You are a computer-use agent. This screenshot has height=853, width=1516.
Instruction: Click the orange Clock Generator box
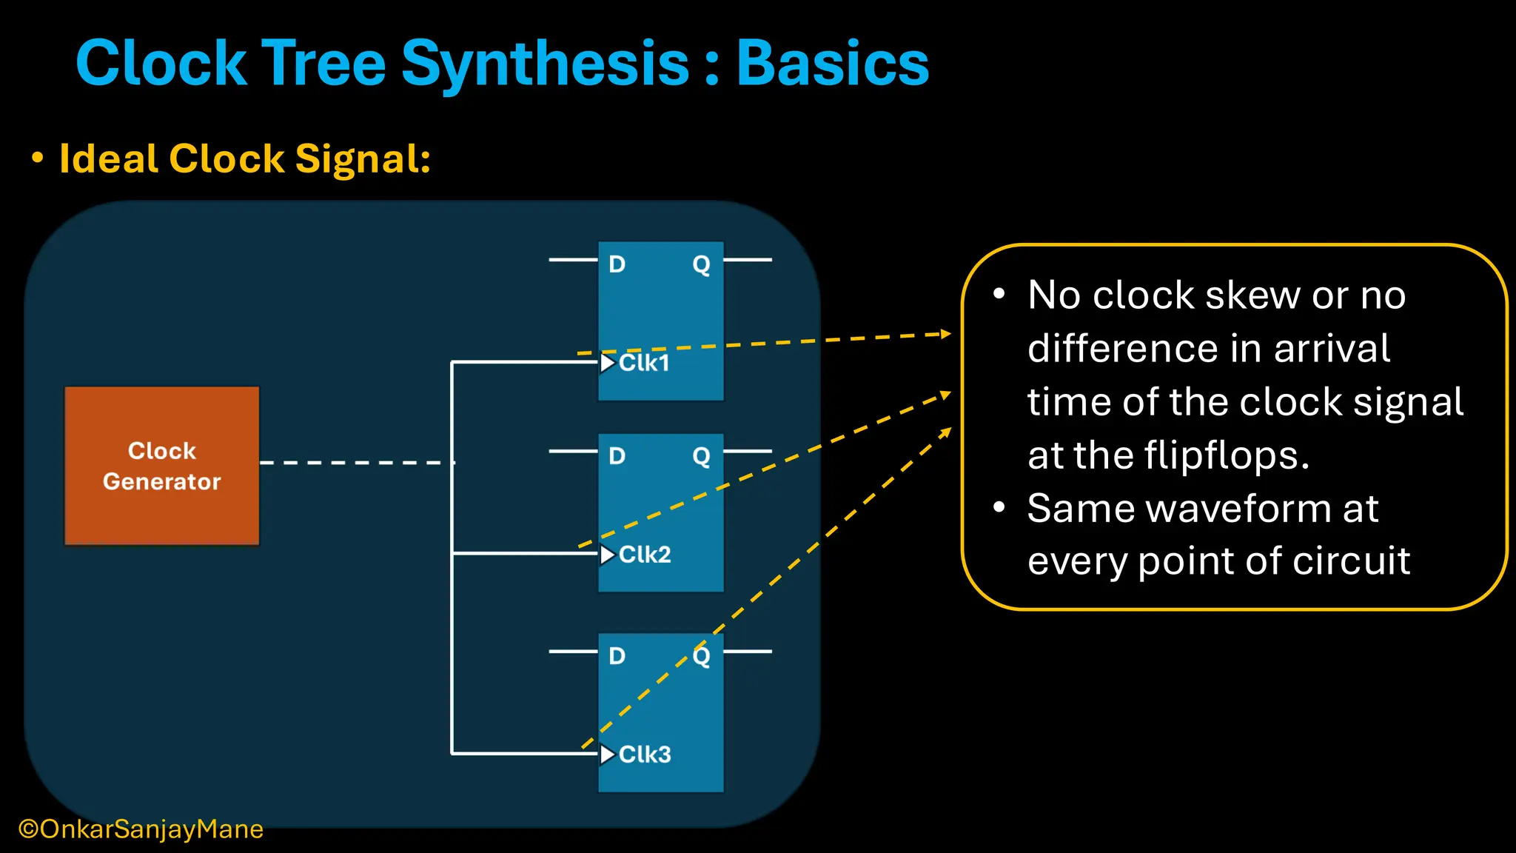(161, 466)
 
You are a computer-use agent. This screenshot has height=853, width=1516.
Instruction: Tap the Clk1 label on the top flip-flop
(644, 363)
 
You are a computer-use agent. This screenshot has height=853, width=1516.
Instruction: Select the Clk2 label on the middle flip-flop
(645, 555)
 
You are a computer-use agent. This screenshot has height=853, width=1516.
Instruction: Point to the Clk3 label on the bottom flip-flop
(645, 755)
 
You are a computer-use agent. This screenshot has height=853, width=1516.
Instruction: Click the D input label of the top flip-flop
(617, 264)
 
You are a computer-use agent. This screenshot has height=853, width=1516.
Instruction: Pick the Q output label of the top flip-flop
(701, 264)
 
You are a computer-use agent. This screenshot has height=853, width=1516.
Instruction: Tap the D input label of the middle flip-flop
(617, 456)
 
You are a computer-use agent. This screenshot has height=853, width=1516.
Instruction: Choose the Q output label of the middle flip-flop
(701, 456)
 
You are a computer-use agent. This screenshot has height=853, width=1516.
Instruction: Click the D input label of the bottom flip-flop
(617, 656)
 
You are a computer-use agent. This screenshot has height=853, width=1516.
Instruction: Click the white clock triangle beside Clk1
(608, 363)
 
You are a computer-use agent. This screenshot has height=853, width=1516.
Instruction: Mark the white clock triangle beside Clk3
(608, 755)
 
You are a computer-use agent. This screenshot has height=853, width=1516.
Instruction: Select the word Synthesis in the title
(546, 65)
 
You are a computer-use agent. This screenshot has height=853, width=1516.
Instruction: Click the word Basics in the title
(833, 64)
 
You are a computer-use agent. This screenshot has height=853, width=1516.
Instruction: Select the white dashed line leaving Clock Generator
(355, 463)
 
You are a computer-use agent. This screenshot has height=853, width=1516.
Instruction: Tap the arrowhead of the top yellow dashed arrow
(945, 334)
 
